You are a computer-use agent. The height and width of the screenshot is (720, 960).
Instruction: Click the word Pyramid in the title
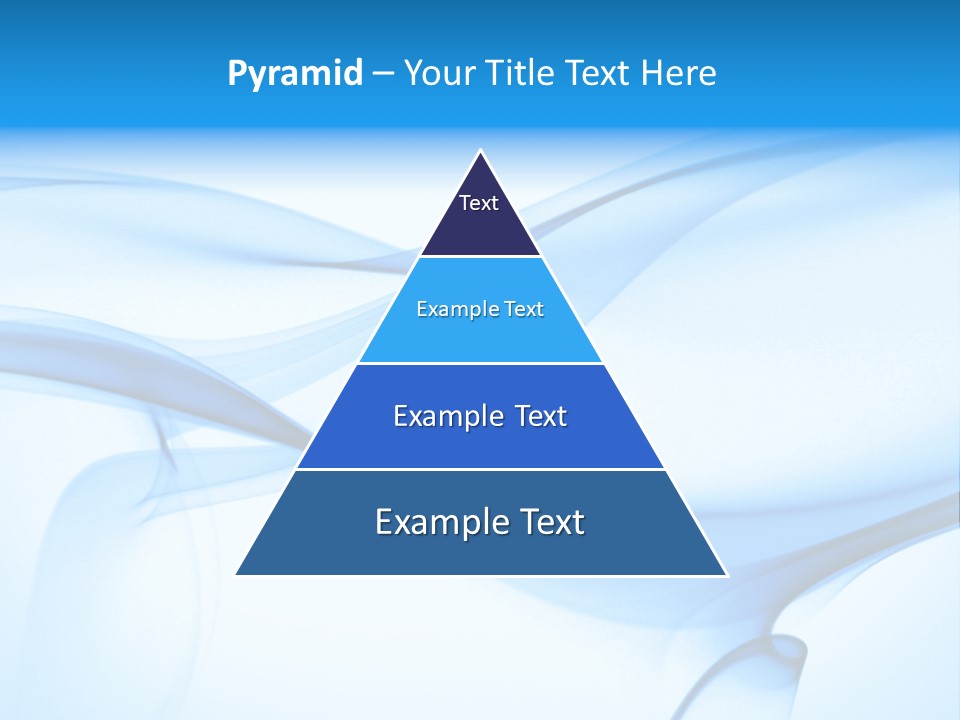pyautogui.click(x=295, y=73)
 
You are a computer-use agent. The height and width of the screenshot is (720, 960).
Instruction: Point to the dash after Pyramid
pyautogui.click(x=383, y=74)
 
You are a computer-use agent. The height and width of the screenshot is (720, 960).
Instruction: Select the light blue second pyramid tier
pyautogui.click(x=480, y=335)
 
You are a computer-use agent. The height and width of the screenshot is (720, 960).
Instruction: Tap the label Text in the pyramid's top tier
pyautogui.click(x=479, y=203)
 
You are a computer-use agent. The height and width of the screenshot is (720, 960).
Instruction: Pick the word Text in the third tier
pyautogui.click(x=540, y=416)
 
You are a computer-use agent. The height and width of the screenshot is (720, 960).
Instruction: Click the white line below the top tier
pyautogui.click(x=480, y=256)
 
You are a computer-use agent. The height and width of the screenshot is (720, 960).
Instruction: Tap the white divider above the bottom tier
pyautogui.click(x=480, y=469)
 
